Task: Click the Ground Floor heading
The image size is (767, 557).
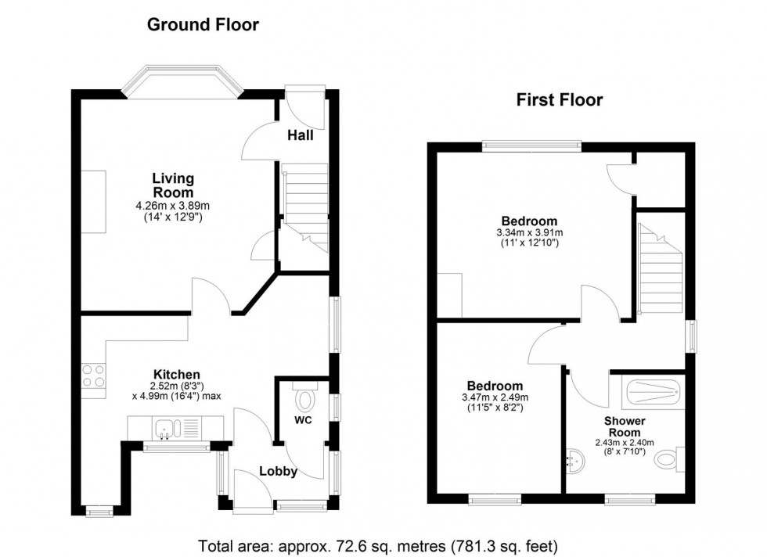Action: [x=203, y=25]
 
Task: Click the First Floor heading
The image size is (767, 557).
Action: [x=559, y=99]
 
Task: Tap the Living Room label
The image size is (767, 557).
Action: [x=172, y=185]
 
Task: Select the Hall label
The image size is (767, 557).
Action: [x=300, y=135]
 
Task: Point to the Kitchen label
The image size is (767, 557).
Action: [x=176, y=375]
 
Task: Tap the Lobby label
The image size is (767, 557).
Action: [x=278, y=471]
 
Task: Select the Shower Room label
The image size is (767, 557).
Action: [x=623, y=426]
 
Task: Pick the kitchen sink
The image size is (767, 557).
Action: [x=167, y=428]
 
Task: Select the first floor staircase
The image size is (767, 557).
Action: [x=662, y=270]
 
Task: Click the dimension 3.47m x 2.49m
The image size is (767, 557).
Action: [x=495, y=397]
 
